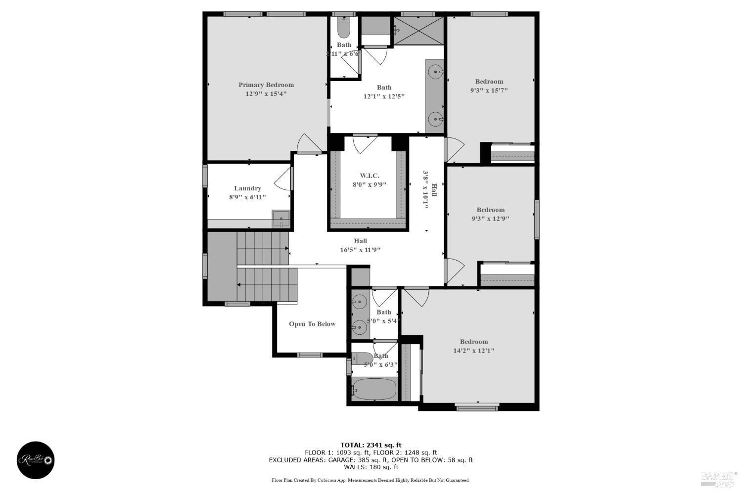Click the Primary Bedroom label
click(x=266, y=85)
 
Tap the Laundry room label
click(x=247, y=188)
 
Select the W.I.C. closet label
click(x=370, y=176)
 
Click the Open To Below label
click(x=312, y=324)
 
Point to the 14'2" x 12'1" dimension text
click(x=474, y=351)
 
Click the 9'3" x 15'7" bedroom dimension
click(x=489, y=90)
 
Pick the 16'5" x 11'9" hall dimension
click(x=360, y=250)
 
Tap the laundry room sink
click(x=281, y=218)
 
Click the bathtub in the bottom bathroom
click(x=374, y=389)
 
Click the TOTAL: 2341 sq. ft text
click(x=371, y=445)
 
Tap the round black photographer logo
click(x=36, y=460)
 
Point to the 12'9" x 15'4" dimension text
click(x=266, y=93)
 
